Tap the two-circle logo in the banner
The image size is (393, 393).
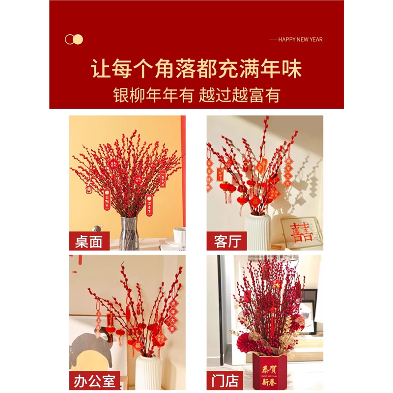pos(74,39)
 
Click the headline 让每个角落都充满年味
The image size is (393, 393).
pos(196,69)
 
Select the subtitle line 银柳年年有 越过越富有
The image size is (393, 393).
pos(196,95)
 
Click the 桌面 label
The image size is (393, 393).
pos(89,242)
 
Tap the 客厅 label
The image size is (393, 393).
pos(226,242)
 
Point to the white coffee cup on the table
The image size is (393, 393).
pos(179,235)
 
